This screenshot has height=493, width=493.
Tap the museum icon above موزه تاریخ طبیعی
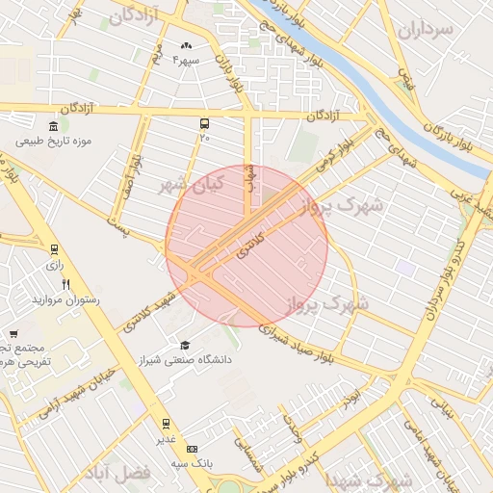point(53,125)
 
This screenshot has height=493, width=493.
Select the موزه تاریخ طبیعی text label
point(53,142)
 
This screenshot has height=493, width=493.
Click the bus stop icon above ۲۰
point(204,124)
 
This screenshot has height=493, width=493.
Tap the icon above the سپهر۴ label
point(186,45)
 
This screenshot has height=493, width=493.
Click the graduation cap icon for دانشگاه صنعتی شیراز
point(184,345)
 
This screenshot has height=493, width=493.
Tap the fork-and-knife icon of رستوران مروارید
point(65,284)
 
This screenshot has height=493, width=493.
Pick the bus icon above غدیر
point(166,423)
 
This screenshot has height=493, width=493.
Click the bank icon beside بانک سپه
point(191,449)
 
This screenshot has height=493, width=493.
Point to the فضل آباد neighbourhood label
point(124,474)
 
